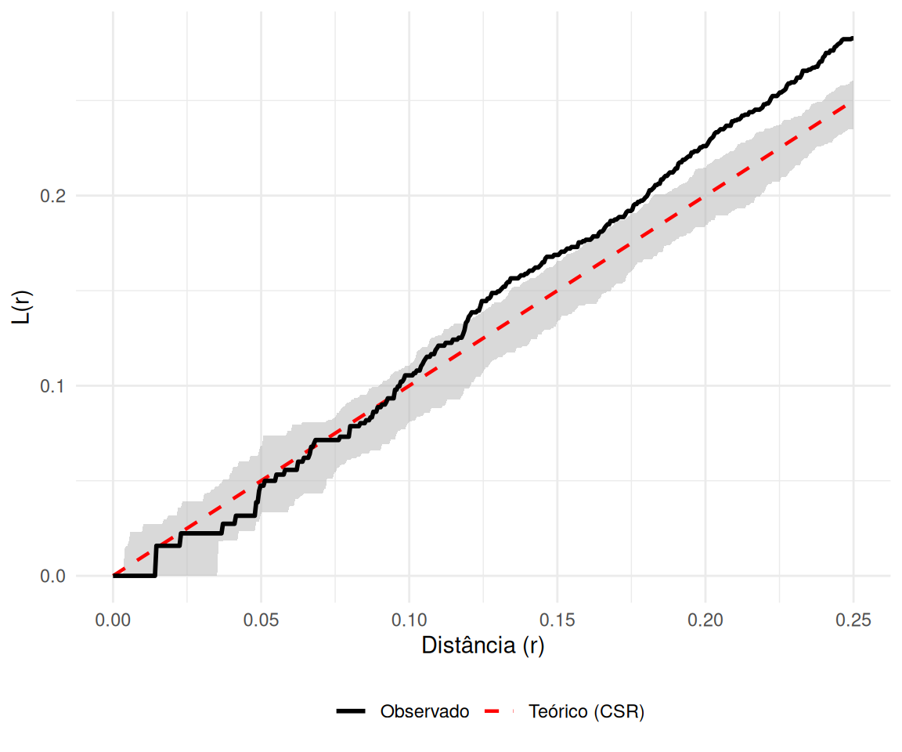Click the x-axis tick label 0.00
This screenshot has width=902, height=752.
coord(113,620)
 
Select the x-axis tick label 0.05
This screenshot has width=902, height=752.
coord(261,620)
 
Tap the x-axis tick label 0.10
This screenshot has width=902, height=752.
coord(409,620)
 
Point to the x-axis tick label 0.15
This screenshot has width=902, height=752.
coord(557,620)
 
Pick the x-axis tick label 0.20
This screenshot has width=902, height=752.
coord(705,620)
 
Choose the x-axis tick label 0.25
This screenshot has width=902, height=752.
coord(853,620)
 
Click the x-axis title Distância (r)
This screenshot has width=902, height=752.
coord(482,646)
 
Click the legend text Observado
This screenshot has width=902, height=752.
coord(424,712)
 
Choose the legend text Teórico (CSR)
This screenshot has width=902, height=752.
coord(586,712)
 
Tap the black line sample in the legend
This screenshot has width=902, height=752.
coord(352,712)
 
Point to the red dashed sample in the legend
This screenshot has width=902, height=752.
coord(500,712)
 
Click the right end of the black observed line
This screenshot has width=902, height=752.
coord(852,38)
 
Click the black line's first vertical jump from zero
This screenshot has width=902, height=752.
coord(156,561)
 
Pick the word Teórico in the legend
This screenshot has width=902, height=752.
coord(558,712)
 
